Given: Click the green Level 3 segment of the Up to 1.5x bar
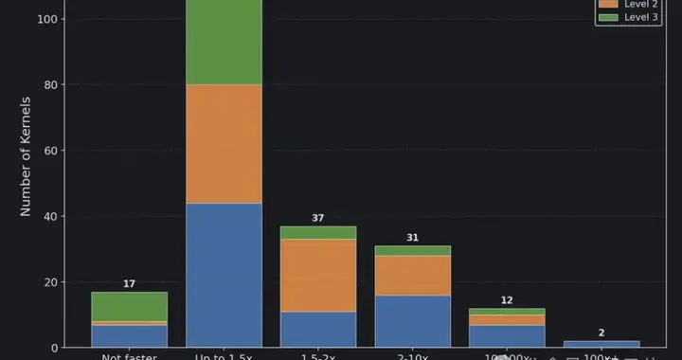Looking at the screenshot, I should coord(224,42).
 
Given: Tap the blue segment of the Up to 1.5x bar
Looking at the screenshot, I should coord(224,275).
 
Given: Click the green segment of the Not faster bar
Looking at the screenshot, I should coord(129,307).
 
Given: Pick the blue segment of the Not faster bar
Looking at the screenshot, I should coord(129,336).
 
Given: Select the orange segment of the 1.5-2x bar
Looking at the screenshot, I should coord(318,275).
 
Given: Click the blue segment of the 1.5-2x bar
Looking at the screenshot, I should coord(318,329).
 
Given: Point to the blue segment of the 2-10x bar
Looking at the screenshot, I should coord(413,321).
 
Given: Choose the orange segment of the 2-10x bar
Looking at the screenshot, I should coord(413,276).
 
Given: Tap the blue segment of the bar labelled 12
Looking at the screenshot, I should coord(508,336).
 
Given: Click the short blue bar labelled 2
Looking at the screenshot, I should coord(602,344).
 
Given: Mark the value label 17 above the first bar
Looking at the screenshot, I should coord(129,284).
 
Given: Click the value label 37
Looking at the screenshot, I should coord(318,219).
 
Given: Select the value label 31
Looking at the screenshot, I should coord(413,238).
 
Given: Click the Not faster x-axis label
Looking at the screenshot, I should coord(129,355).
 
